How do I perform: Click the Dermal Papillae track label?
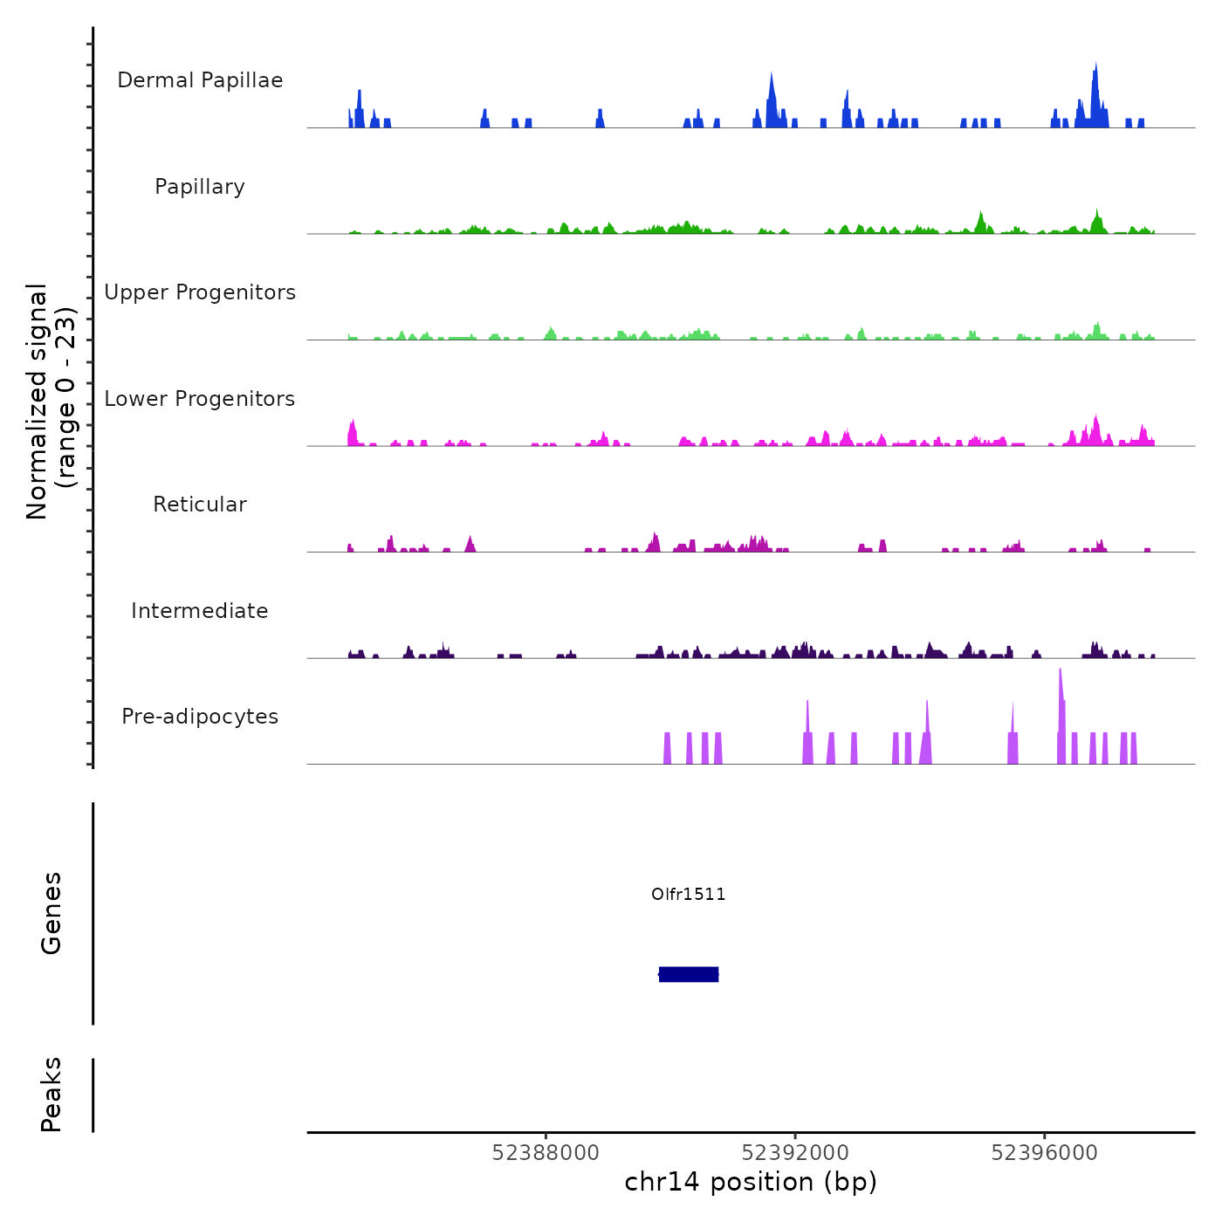[200, 80]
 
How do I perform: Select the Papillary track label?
[200, 187]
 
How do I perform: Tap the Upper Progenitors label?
[200, 292]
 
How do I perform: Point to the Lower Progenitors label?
[200, 399]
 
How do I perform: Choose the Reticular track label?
[200, 505]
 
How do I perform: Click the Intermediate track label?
[200, 611]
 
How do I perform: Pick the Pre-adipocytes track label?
[200, 717]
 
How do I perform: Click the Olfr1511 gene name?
[689, 894]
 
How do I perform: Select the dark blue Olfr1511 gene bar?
[689, 974]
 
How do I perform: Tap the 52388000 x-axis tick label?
[546, 1153]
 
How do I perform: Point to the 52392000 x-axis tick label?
[795, 1153]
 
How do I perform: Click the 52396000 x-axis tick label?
[1045, 1153]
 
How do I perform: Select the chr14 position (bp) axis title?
[751, 1182]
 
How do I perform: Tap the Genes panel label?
[51, 913]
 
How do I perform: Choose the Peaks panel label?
[51, 1095]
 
